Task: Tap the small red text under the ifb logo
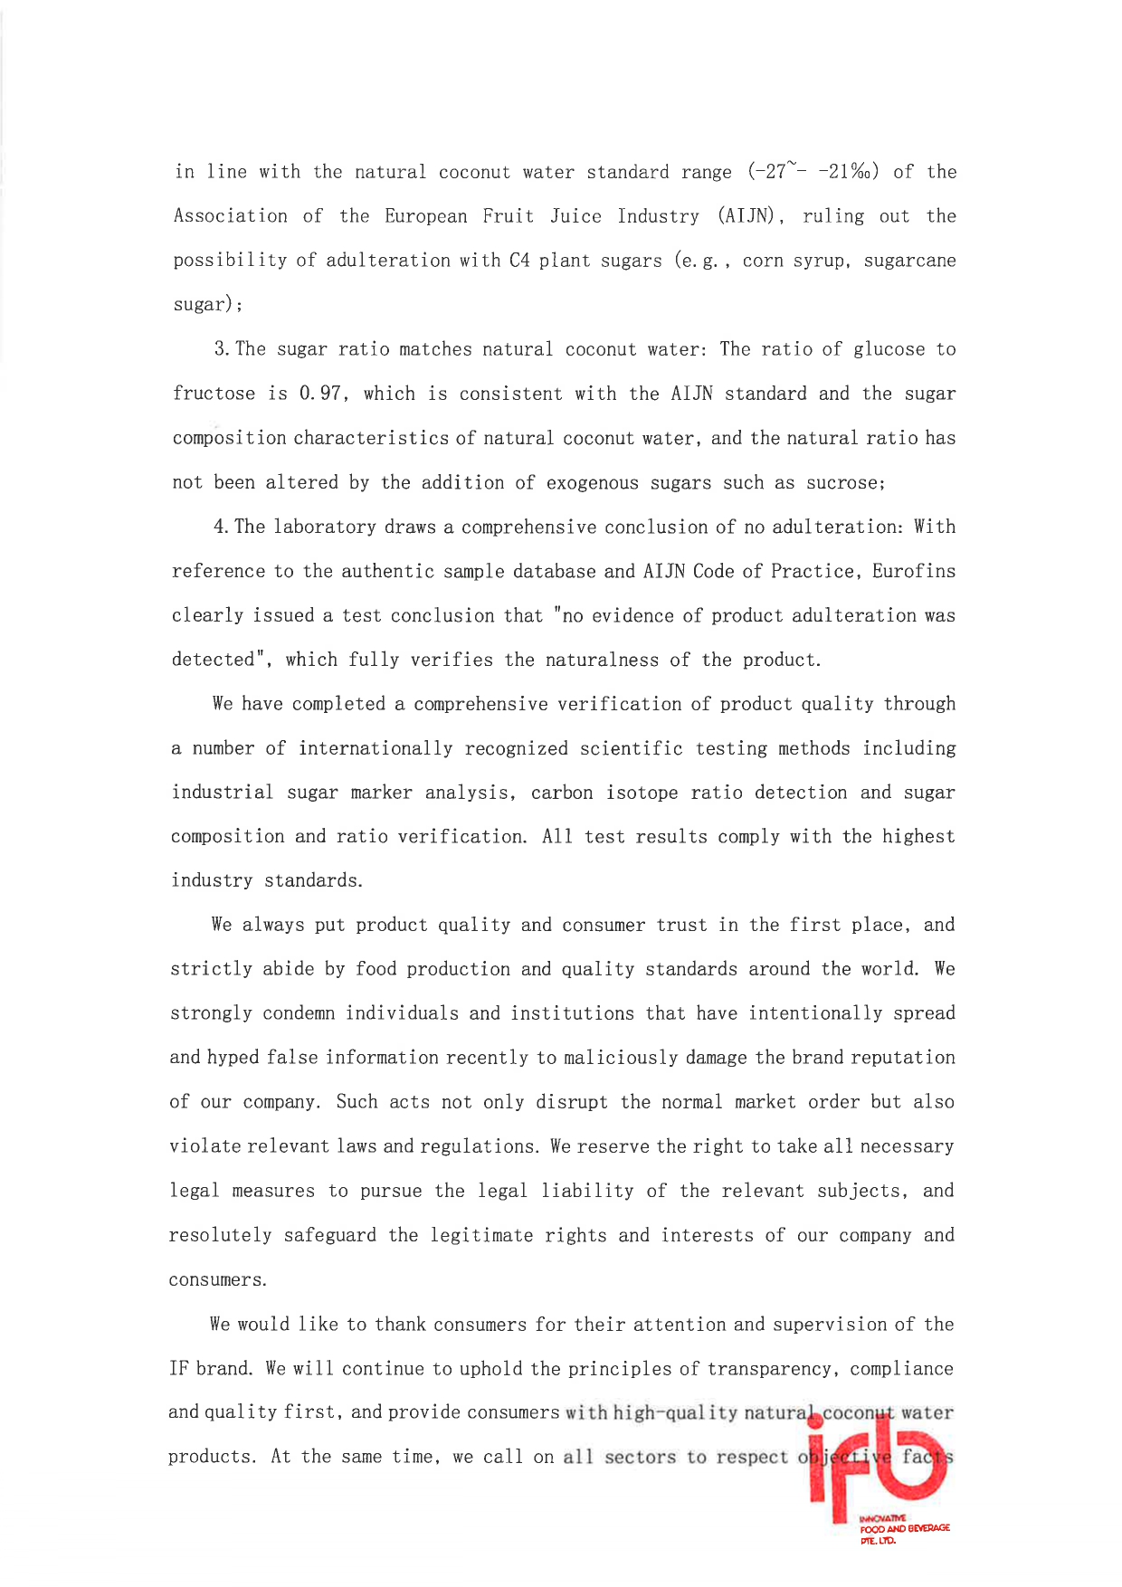904,1528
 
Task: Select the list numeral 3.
221,349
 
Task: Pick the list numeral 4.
220,527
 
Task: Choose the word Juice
575,216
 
